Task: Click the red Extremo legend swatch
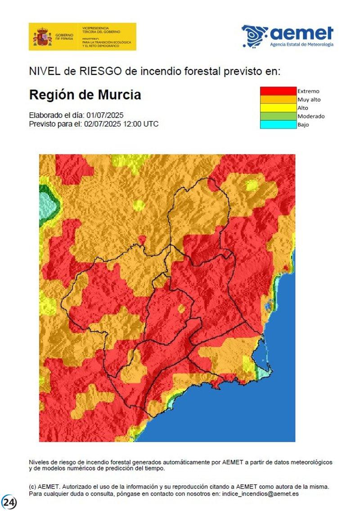tap(278, 91)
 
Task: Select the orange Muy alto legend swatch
tap(278, 99)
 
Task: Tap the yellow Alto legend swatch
tap(278, 108)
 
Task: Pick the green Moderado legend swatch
tap(278, 116)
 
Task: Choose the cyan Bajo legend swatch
tap(278, 125)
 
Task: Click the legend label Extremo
tap(308, 91)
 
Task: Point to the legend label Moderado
tap(311, 116)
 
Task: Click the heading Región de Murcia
tap(85, 95)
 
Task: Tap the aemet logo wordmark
tap(301, 33)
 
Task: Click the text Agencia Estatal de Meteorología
tap(301, 45)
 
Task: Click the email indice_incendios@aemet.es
tap(257, 494)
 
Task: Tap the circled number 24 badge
tap(9, 501)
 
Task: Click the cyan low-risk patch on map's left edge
tap(48, 205)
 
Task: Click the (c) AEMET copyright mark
tap(44, 487)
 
